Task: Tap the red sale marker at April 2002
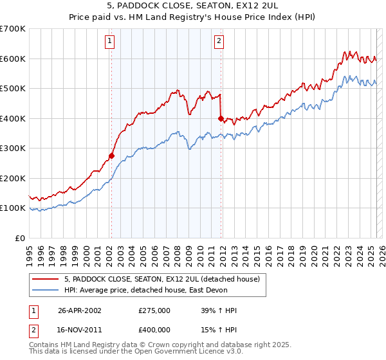click(x=111, y=156)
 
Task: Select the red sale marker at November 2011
click(x=221, y=118)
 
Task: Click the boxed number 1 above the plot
click(x=111, y=41)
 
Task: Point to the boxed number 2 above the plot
click(x=219, y=41)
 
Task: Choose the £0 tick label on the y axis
click(x=19, y=238)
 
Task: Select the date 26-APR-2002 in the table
click(x=80, y=310)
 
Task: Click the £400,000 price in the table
click(x=154, y=330)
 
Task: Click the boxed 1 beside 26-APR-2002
click(x=33, y=310)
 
